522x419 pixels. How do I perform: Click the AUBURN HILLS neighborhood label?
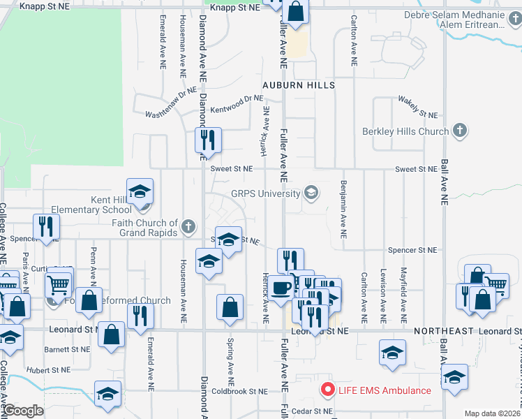[x=299, y=85]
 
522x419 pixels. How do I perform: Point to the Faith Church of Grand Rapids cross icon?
[x=188, y=226]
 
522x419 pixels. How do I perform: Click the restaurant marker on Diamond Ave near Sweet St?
[x=208, y=140]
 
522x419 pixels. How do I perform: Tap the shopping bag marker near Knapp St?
[x=295, y=12]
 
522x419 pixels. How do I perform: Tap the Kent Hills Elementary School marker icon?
[x=140, y=191]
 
